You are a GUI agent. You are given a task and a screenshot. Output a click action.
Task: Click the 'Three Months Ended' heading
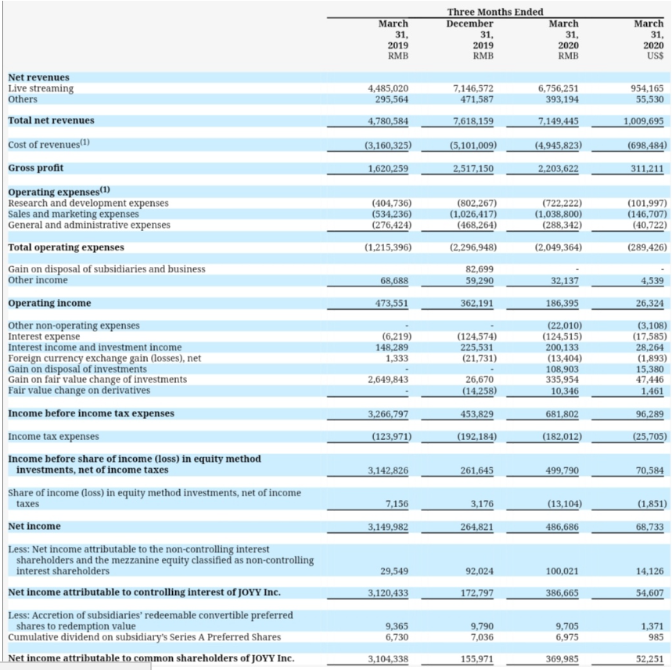pos(495,12)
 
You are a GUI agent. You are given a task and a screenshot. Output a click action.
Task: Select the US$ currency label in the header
pos(656,56)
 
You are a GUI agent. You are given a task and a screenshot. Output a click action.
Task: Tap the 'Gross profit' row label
pos(35,168)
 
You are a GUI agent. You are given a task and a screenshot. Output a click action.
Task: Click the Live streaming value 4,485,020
pos(388,88)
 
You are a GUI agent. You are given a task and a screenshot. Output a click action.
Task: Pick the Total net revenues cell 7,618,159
pos(473,121)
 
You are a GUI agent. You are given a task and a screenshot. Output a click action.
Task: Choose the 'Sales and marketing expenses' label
pos(74,214)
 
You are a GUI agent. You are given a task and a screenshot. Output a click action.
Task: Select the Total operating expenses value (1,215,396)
pos(388,247)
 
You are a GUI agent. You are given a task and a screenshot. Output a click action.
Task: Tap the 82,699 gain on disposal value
pos(479,269)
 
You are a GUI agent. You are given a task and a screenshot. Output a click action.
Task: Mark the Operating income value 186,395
pos(562,304)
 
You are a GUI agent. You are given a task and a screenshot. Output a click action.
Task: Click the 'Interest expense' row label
pos(44,337)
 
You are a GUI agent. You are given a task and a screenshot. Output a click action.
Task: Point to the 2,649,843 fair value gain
pos(388,380)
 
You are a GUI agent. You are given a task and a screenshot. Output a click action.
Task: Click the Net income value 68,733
pos(650,527)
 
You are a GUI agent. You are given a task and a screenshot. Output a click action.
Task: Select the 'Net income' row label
pos(34,527)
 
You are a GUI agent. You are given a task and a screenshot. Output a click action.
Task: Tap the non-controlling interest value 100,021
pos(562,571)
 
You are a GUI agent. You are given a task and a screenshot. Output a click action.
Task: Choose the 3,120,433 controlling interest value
pos(388,593)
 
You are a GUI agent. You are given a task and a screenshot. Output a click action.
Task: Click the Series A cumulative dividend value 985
pos(656,637)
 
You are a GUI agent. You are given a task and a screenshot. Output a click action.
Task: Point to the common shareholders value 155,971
pos(477,659)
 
